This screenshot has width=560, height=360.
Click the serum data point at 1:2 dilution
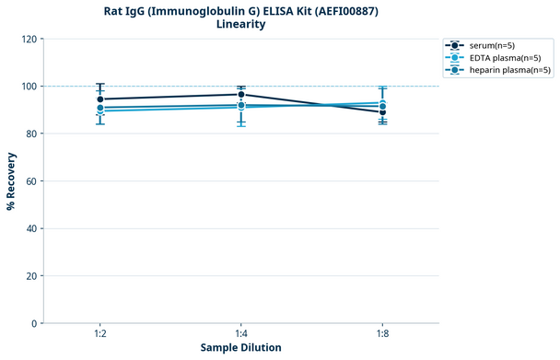pos(99,99)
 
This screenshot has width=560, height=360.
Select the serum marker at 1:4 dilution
pos(241,94)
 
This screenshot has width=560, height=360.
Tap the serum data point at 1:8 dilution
pos(382,111)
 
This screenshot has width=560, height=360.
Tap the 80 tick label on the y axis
pos(30,134)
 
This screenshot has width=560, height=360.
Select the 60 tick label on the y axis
pos(30,181)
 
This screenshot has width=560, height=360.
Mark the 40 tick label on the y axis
pos(30,228)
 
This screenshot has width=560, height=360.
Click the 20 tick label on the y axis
pos(30,276)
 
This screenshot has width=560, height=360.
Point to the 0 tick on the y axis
pos(33,323)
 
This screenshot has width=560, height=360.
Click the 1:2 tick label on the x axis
pos(99,334)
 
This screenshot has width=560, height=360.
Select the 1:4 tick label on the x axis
pos(241,334)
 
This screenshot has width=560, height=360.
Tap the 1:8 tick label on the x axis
pos(382,334)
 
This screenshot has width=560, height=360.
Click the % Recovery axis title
pos(11,181)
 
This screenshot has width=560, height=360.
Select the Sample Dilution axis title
pos(240,348)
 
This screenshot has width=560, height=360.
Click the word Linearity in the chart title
pos(240,24)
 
